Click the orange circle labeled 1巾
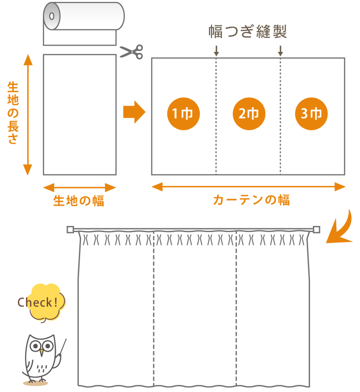point(184,114)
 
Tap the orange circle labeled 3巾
point(311,114)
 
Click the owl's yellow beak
point(41,352)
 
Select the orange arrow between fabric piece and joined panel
point(135,112)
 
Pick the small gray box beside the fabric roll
point(131,51)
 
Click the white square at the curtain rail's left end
point(70,229)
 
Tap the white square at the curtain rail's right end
point(317,229)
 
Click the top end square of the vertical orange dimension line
point(28,59)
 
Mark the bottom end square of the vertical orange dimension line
point(28,170)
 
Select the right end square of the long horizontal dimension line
point(340,187)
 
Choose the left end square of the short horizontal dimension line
point(49,188)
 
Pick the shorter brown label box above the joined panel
point(271,31)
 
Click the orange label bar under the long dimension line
point(251,200)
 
